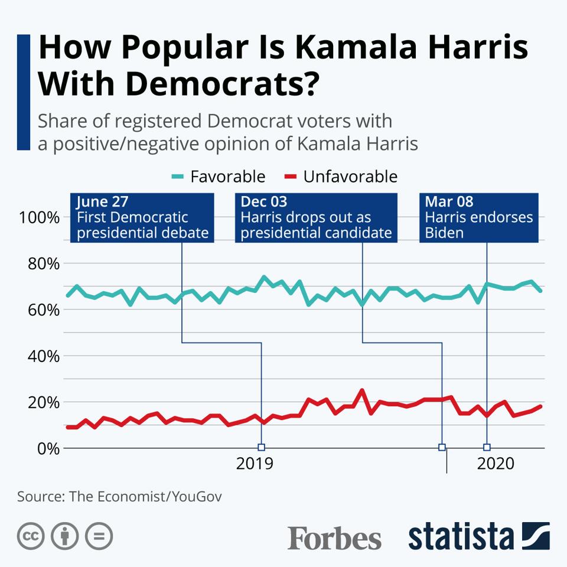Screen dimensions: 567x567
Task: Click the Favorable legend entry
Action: (x=219, y=176)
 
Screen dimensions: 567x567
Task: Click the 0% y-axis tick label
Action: (x=47, y=448)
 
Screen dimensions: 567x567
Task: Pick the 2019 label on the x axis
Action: (x=255, y=464)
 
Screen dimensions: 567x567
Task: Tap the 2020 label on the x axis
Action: (x=496, y=464)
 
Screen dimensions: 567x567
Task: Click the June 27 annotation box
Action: (x=142, y=217)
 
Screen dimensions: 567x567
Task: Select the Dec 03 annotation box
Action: (x=317, y=217)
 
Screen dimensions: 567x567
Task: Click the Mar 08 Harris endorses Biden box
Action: (x=479, y=217)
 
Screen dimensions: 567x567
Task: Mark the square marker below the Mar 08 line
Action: (x=487, y=447)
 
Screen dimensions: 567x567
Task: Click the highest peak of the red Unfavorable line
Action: (x=362, y=390)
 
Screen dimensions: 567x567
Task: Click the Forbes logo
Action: (x=334, y=537)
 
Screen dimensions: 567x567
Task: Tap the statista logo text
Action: (x=461, y=536)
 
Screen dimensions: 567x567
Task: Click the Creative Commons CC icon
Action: (x=31, y=536)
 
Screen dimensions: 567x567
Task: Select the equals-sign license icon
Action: (x=99, y=536)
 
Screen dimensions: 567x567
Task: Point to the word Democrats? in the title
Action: (x=221, y=84)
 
